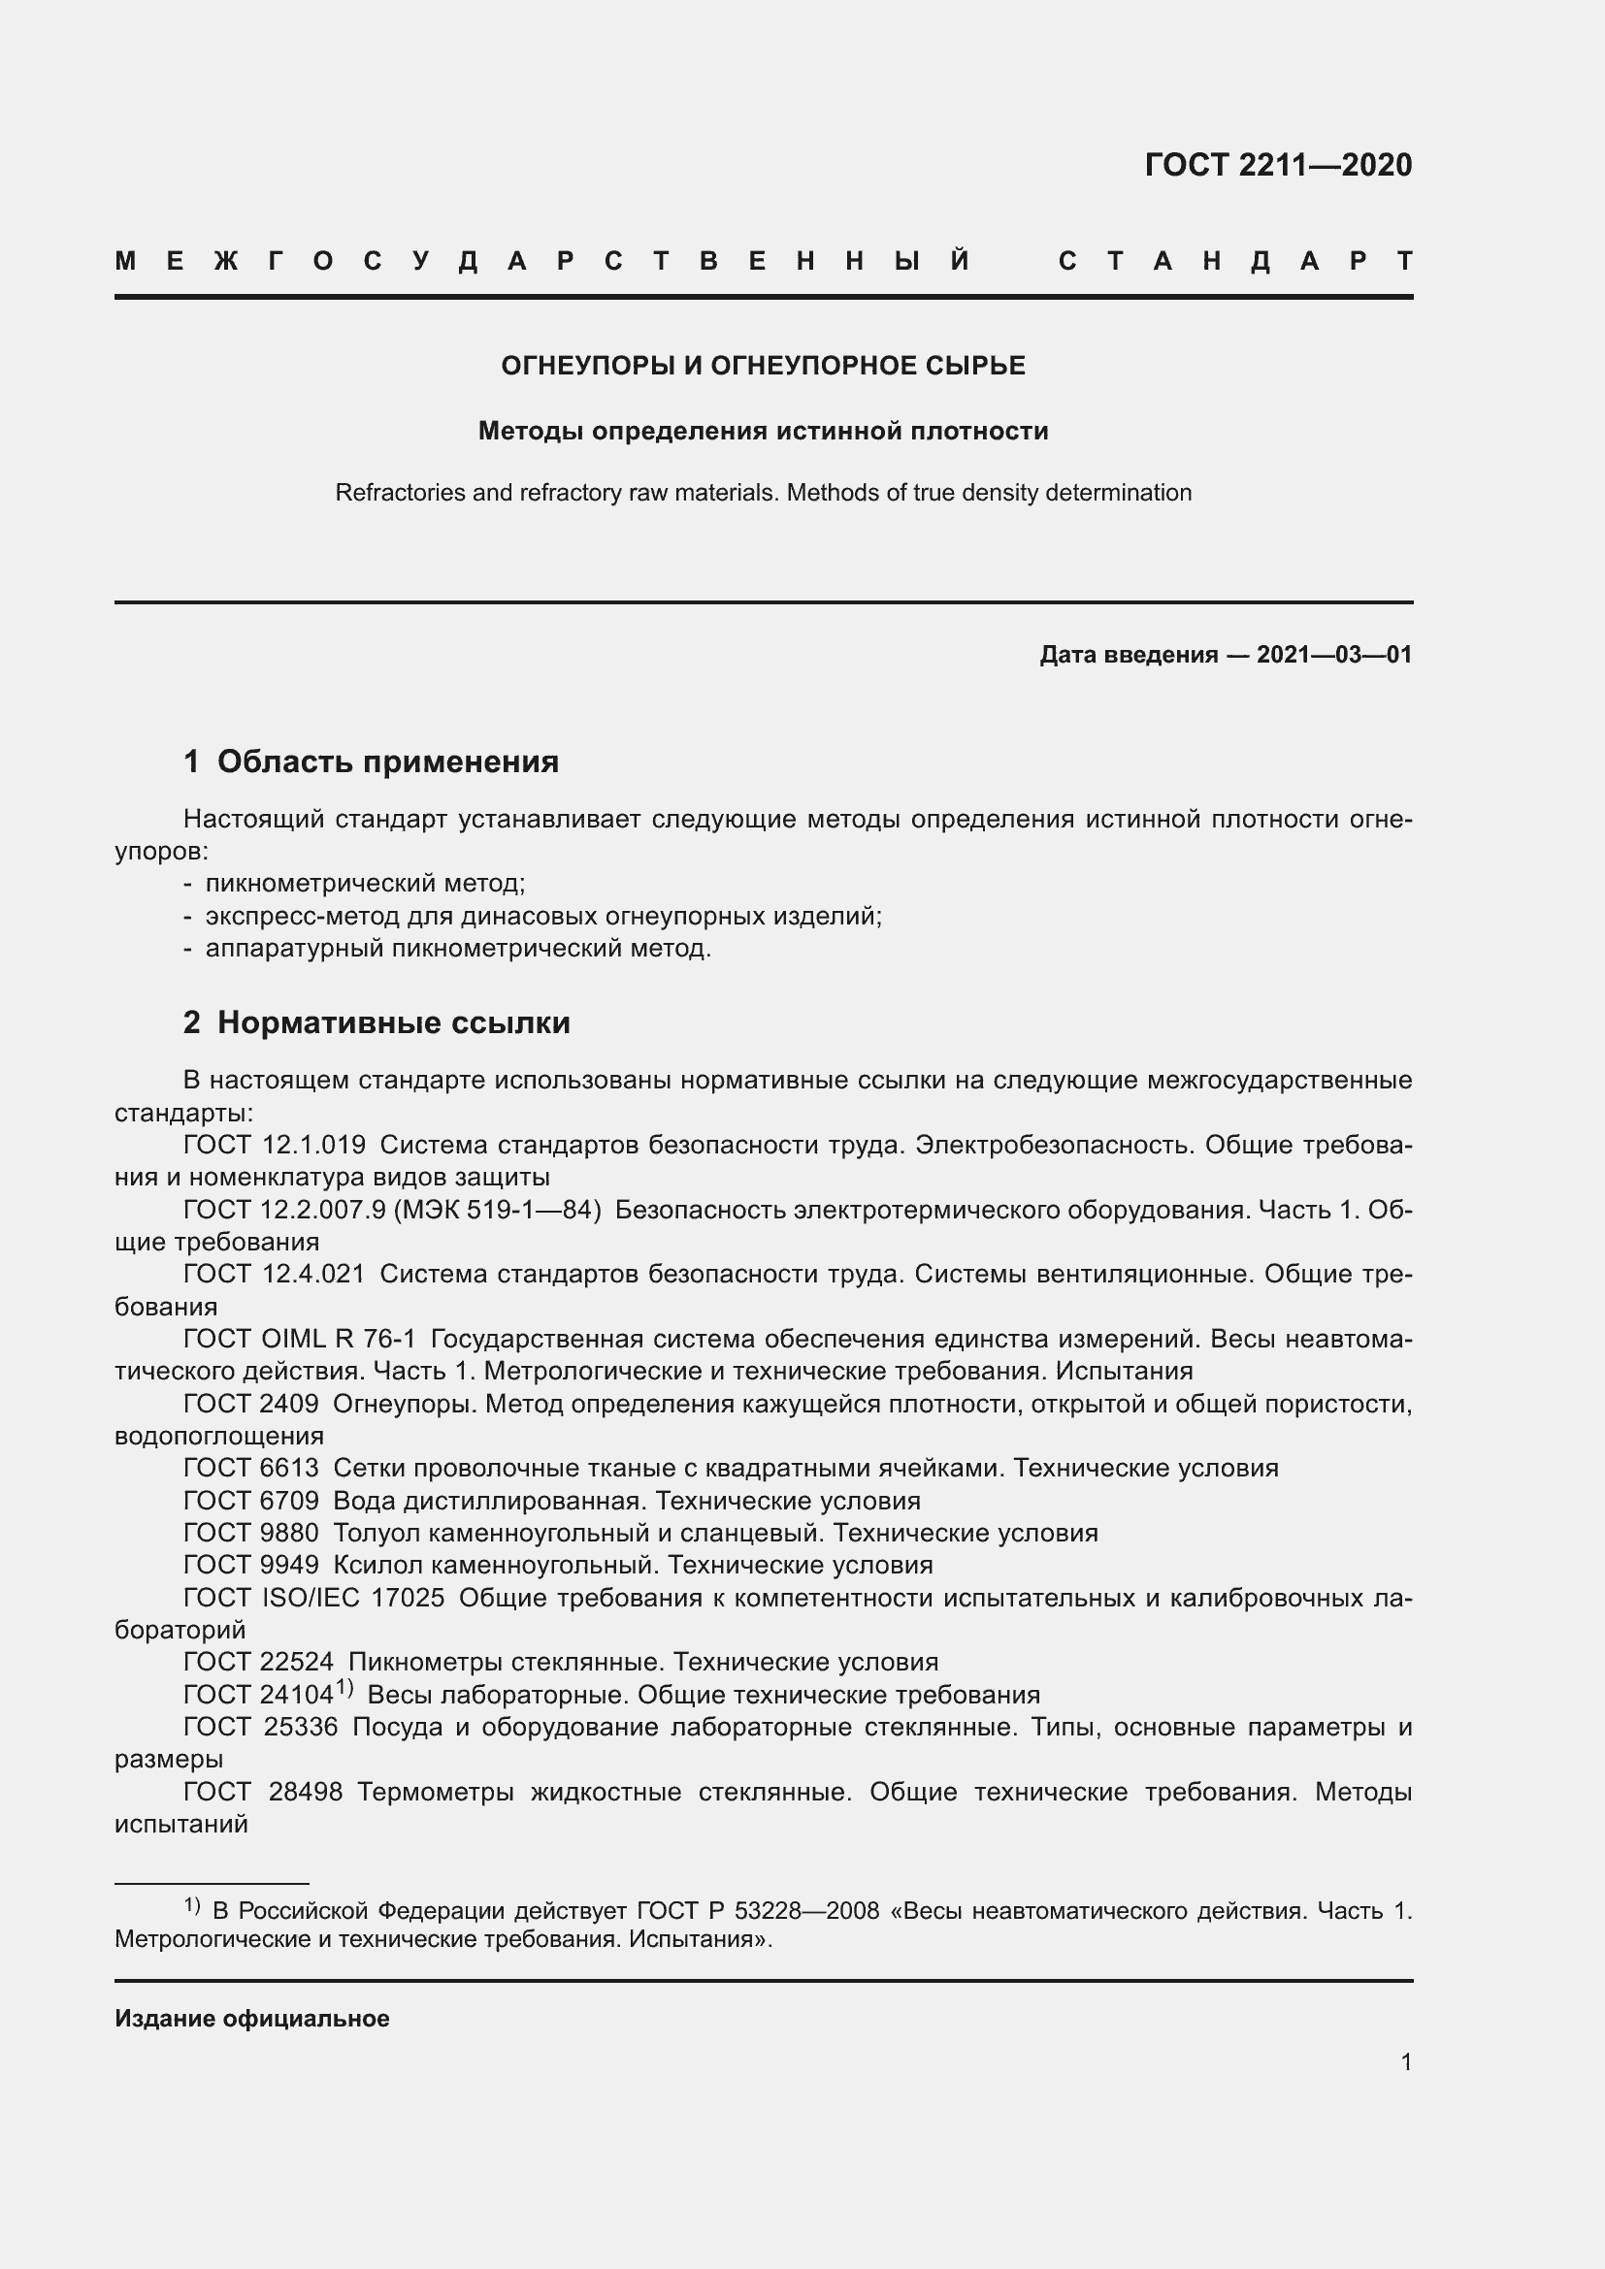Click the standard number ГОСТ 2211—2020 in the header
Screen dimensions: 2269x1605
click(x=1278, y=164)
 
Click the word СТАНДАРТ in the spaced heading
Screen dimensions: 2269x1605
click(x=1235, y=261)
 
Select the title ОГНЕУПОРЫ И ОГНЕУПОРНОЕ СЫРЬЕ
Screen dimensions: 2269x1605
click(x=763, y=366)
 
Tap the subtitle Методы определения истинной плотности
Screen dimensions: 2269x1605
click(x=763, y=431)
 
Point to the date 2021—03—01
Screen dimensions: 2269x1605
click(x=1333, y=654)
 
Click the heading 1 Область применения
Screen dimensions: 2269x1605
click(x=372, y=761)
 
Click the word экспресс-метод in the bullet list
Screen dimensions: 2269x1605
click(x=302, y=915)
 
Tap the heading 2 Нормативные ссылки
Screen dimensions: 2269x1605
click(x=377, y=1021)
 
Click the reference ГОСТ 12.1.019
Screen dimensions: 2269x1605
click(x=274, y=1145)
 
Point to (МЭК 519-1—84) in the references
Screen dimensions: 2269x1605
click(x=497, y=1210)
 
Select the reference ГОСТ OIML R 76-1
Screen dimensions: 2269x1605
click(x=300, y=1339)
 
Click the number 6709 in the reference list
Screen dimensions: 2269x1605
click(x=289, y=1500)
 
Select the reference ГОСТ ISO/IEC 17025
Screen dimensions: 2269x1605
click(x=313, y=1598)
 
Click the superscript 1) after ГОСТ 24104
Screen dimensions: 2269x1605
click(x=344, y=1688)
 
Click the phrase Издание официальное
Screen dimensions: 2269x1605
click(x=252, y=2018)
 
